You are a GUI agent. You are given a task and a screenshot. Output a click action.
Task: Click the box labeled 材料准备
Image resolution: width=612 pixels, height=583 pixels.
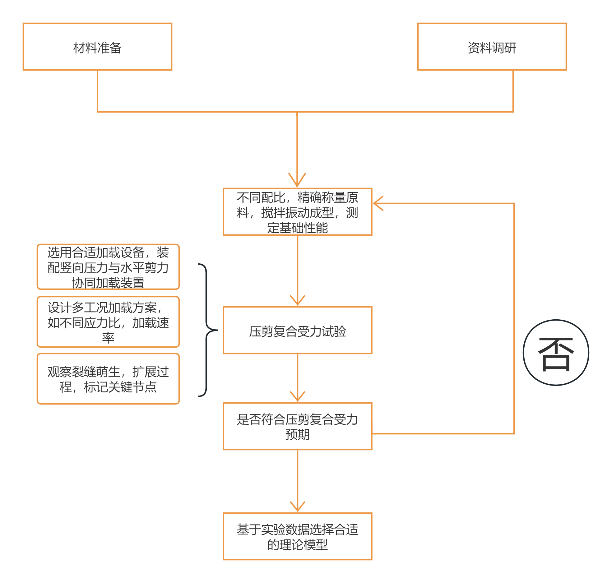point(97,47)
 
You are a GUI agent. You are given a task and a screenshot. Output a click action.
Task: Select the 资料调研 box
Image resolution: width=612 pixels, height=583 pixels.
point(492,47)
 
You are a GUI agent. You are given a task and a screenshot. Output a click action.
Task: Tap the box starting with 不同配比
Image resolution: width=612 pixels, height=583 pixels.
point(297,212)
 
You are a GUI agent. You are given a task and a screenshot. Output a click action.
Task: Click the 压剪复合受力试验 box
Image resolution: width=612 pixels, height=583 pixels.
point(297,330)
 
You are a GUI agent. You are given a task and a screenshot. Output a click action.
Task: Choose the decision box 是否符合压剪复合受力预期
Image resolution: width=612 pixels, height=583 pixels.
point(297,426)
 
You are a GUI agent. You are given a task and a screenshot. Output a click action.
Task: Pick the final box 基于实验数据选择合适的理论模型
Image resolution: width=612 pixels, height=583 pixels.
point(297,536)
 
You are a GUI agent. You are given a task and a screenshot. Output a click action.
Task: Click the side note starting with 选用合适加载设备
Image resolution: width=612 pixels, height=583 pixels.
point(108,267)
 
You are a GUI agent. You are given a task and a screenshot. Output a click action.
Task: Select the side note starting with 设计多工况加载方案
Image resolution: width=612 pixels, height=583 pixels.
point(108,322)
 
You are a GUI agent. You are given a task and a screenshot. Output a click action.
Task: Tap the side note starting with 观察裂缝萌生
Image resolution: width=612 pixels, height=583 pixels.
point(108,379)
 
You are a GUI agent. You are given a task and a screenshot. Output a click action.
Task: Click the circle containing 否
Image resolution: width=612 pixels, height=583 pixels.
point(556,353)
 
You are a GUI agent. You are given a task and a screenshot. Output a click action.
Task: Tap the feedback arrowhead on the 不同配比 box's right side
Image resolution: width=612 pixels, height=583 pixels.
point(377,203)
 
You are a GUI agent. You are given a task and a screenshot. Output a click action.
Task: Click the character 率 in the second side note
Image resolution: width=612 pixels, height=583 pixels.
point(108,338)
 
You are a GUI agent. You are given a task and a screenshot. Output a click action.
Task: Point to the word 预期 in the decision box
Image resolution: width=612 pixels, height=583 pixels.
point(297,435)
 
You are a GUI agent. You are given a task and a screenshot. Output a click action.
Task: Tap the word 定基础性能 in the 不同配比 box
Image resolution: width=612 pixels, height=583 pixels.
point(297,228)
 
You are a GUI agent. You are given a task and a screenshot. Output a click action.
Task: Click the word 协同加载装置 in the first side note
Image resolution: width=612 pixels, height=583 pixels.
point(108,283)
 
